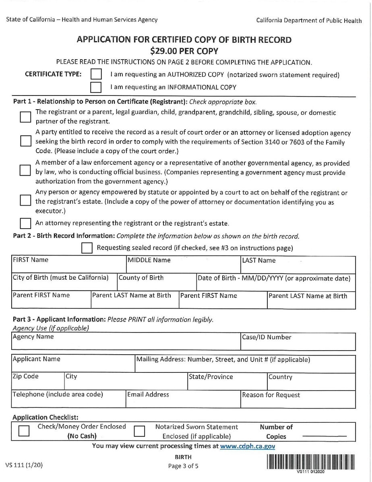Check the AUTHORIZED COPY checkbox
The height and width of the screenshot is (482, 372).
(x=96, y=75)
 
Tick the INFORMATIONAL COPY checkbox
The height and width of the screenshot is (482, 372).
(x=96, y=87)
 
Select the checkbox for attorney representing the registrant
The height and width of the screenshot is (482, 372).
(x=25, y=223)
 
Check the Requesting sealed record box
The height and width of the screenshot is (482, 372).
(x=87, y=248)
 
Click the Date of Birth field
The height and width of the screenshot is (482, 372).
(x=275, y=285)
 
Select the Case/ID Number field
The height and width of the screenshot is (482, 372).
(x=298, y=344)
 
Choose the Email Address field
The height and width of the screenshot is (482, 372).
(x=183, y=402)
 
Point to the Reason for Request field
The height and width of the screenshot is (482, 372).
(x=298, y=402)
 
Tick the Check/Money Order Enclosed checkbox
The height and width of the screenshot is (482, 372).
(x=24, y=431)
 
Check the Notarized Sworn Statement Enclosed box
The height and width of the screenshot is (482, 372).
(x=139, y=431)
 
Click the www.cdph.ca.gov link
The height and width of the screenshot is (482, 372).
(x=248, y=446)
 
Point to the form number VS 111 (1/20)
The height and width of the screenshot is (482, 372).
(x=24, y=465)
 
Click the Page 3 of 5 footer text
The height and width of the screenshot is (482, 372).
(x=183, y=466)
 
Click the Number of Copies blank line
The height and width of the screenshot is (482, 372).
(x=324, y=436)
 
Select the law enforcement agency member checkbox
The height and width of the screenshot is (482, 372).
(x=25, y=170)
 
